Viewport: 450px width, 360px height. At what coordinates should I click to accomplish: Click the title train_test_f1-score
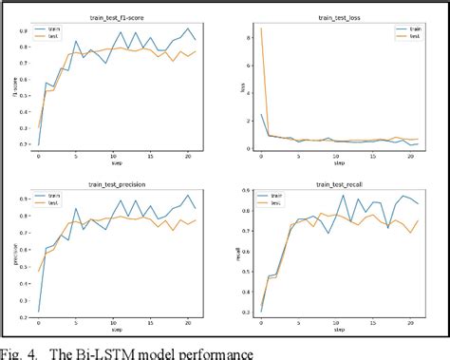pos(128,17)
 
